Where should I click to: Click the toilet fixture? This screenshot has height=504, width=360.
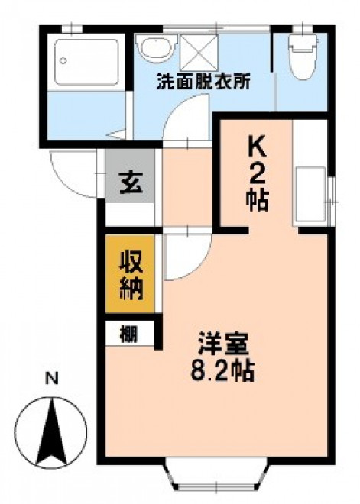pos(302,57)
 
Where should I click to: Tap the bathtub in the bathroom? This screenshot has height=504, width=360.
pos(86,62)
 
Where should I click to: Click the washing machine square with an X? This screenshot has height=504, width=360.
pos(199,52)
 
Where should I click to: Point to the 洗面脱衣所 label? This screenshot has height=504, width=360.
pos(203,82)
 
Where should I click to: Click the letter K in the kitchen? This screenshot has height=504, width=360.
pos(257,147)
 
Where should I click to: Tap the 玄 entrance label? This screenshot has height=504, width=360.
pos(131,183)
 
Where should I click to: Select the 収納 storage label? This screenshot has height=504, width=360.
pos(131,275)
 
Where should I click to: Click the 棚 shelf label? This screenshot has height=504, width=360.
pos(128,334)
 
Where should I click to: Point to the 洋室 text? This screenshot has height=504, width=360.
pos(223,344)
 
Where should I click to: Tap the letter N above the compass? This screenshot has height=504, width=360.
pos(51,379)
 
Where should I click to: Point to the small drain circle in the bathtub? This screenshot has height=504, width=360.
pos(63,60)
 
